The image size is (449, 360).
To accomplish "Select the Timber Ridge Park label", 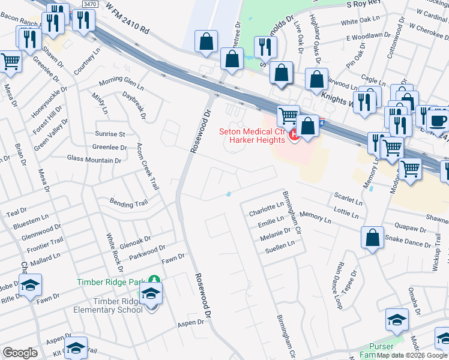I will coord(112,282).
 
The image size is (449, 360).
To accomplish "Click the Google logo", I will coord(20,353).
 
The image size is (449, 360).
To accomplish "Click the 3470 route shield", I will coord(90,4).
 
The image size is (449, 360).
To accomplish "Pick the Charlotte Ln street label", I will coord(266,208).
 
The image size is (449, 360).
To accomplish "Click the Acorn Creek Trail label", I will coord(148,167).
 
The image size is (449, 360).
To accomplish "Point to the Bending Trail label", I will coord(128,203).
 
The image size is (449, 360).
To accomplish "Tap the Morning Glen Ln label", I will coord(122,82).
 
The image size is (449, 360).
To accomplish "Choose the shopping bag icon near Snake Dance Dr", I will coord(372,237).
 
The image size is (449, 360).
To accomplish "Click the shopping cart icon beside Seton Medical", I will coord(288,115).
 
